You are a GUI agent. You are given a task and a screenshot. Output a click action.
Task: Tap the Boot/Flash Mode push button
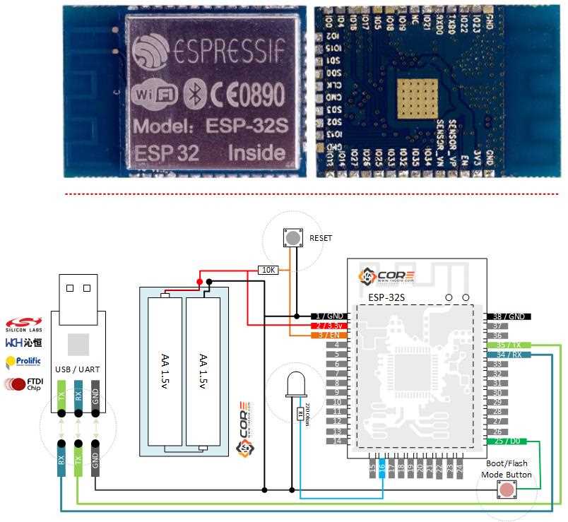(507, 490)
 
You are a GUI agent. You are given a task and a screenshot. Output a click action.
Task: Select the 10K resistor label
(268, 270)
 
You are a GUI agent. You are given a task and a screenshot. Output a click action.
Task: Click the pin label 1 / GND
(329, 315)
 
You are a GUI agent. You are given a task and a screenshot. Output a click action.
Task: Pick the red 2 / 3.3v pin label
(329, 325)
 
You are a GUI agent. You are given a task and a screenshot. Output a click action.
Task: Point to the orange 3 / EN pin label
(329, 335)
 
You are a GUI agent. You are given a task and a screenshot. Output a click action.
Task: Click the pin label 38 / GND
(508, 316)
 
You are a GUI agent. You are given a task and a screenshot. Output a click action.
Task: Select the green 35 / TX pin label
(508, 345)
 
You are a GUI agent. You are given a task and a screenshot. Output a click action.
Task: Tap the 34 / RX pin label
(508, 355)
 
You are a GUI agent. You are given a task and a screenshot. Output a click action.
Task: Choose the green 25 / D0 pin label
(508, 441)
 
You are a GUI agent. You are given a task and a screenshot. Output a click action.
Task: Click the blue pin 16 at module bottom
(382, 467)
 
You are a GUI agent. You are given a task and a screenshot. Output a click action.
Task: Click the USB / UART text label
(78, 369)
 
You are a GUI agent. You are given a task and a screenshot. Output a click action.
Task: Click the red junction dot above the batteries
(200, 283)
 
